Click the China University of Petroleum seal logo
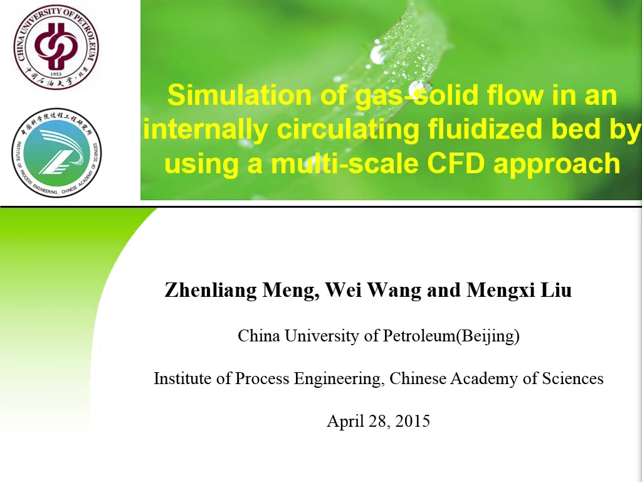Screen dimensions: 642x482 point(56,47)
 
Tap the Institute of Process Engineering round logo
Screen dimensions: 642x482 point(56,153)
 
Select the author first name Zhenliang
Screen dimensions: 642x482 point(211,291)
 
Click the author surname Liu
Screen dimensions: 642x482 point(557,290)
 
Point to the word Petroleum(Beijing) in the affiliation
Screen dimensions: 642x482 point(451,336)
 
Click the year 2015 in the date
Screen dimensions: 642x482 point(413,421)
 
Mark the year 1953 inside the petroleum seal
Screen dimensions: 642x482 point(56,74)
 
